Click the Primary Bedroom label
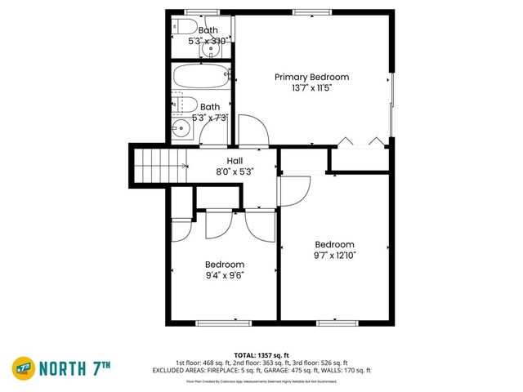coord(306,77)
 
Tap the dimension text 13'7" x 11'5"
coord(306,87)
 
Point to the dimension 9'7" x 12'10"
coord(335,255)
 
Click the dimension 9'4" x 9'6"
coord(224,275)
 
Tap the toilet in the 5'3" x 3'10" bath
coord(181,26)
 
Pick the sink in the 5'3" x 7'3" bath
coord(181,130)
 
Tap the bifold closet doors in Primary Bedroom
coord(360,141)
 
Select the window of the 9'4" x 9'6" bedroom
coord(223,323)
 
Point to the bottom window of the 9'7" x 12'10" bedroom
coord(337,323)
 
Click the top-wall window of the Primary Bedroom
coord(306,12)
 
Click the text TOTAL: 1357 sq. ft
coord(261,355)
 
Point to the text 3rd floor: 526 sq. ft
coord(322,363)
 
